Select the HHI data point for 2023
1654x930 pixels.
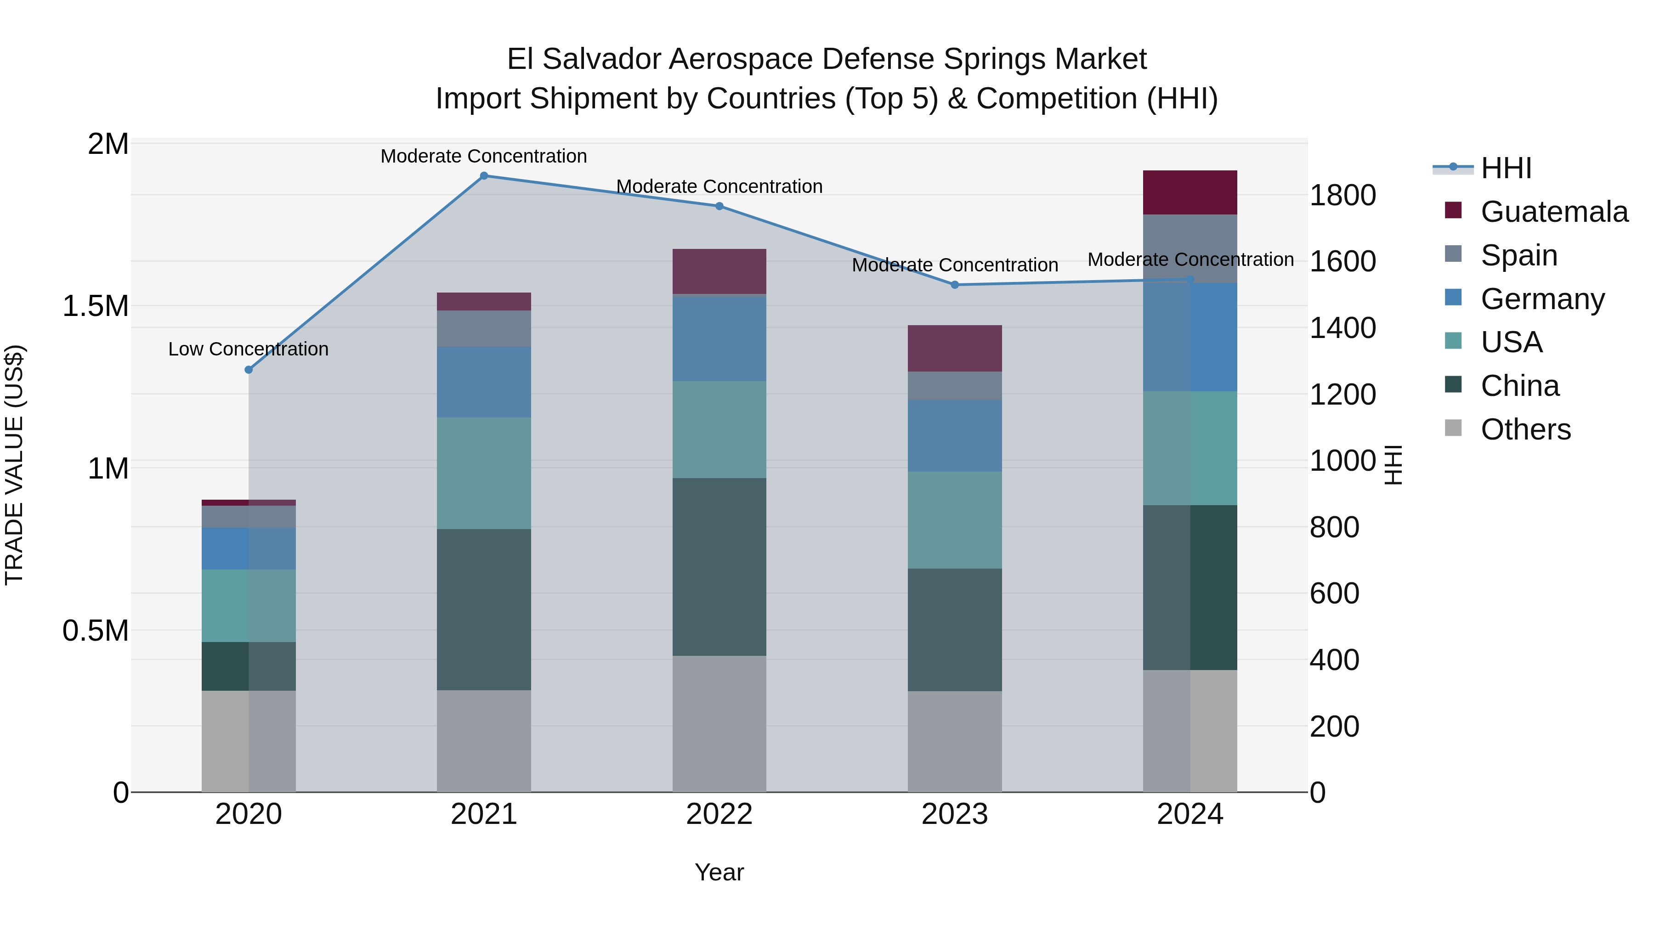[x=954, y=285]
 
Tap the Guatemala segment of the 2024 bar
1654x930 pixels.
[x=1190, y=192]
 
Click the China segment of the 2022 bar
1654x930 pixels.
[x=719, y=567]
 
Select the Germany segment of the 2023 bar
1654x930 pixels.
[x=954, y=436]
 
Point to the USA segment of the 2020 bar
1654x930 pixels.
[x=249, y=605]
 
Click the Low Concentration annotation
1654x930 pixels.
[x=249, y=349]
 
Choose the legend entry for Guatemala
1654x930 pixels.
[x=1554, y=212]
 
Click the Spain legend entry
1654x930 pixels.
[x=1518, y=255]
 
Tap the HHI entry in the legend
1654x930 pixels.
[x=1506, y=168]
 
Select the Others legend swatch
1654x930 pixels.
[x=1453, y=428]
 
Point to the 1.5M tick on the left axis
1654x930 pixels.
[x=96, y=306]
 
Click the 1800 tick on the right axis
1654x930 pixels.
[x=1342, y=195]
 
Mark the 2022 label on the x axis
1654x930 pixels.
[x=719, y=814]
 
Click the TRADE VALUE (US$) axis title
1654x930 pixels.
[x=14, y=465]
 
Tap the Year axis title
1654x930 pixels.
[x=719, y=872]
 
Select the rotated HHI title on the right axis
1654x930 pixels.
[x=1393, y=465]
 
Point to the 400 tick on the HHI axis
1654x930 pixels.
[x=1334, y=660]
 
